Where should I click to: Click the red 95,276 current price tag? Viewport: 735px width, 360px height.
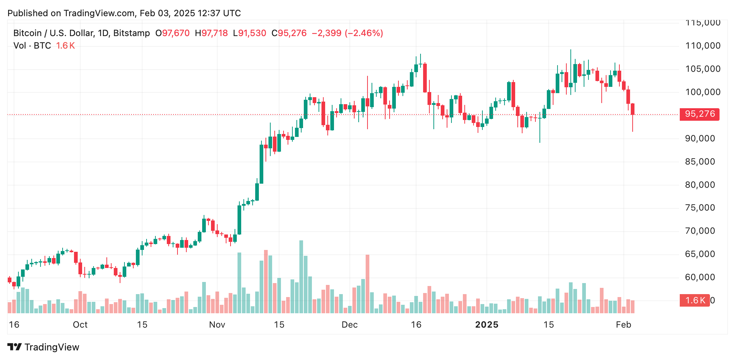[699, 114]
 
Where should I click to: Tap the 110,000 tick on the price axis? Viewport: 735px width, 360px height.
[703, 46]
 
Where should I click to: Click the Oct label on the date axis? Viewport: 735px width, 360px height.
[80, 325]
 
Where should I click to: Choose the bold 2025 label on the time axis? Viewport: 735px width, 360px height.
[486, 325]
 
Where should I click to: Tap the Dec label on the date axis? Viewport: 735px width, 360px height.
[349, 325]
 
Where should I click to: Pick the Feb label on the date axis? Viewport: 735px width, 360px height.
[623, 325]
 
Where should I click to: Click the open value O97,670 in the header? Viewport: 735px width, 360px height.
[172, 33]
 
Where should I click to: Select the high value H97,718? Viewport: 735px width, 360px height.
[211, 33]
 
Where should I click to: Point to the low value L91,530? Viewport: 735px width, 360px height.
[249, 33]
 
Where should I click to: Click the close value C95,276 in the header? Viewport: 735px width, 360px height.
[289, 33]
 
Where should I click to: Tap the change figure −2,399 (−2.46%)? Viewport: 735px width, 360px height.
[347, 33]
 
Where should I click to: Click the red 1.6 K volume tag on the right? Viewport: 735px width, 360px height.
[694, 300]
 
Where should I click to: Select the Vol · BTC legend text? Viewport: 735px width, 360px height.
[32, 46]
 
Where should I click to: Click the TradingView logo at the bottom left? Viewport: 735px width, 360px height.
[43, 347]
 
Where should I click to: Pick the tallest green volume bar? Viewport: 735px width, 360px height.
[301, 276]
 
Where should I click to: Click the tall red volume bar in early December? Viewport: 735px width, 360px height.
[367, 283]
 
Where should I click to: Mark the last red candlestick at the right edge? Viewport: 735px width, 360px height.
[633, 109]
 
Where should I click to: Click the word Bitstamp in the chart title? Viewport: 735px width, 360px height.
[131, 33]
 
